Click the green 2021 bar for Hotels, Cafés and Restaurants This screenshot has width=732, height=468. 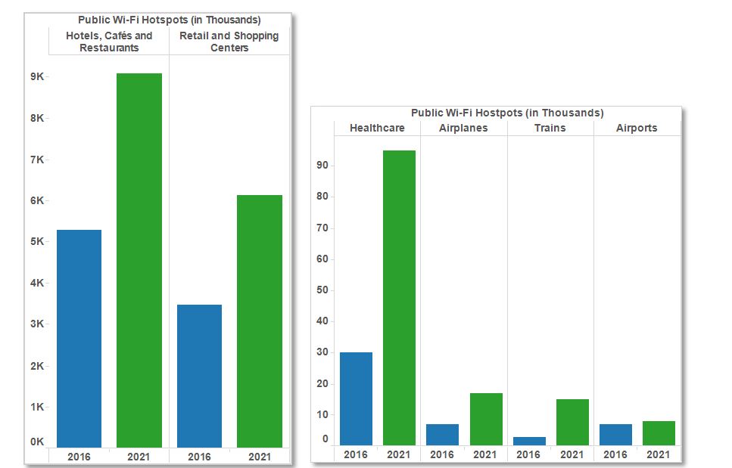click(139, 260)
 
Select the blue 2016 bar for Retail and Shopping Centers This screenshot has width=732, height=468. click(199, 376)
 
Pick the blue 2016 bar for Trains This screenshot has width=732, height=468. click(528, 441)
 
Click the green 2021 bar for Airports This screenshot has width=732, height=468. click(659, 433)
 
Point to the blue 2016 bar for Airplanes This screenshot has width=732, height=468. click(442, 435)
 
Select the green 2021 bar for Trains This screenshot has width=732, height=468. click(572, 422)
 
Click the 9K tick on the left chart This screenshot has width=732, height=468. click(37, 76)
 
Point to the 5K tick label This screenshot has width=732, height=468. click(37, 242)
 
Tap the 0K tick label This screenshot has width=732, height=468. click(37, 441)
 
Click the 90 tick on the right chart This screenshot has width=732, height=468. click(322, 166)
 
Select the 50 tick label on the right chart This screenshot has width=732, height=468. click(322, 290)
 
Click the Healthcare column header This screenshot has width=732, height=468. click(377, 128)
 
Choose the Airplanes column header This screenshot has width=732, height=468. click(463, 128)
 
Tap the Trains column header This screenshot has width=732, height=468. click(550, 128)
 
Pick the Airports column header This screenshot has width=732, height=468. click(637, 128)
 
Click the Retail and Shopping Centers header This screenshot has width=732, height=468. click(229, 42)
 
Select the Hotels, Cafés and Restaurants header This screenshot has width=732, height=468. click(109, 42)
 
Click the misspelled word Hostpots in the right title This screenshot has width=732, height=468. click(484, 113)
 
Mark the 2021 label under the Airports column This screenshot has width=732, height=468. click(658, 454)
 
